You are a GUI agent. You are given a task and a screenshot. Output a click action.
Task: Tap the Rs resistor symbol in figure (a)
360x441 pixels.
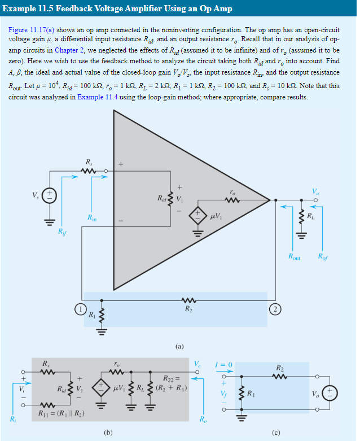click(x=88, y=171)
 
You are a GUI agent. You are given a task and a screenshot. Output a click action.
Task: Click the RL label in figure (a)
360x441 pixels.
click(x=309, y=216)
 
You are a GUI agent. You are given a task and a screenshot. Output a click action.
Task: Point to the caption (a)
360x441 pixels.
click(x=181, y=345)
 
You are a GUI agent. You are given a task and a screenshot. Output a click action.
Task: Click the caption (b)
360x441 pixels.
click(x=108, y=433)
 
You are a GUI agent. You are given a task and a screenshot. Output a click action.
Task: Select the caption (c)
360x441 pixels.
click(x=276, y=433)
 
